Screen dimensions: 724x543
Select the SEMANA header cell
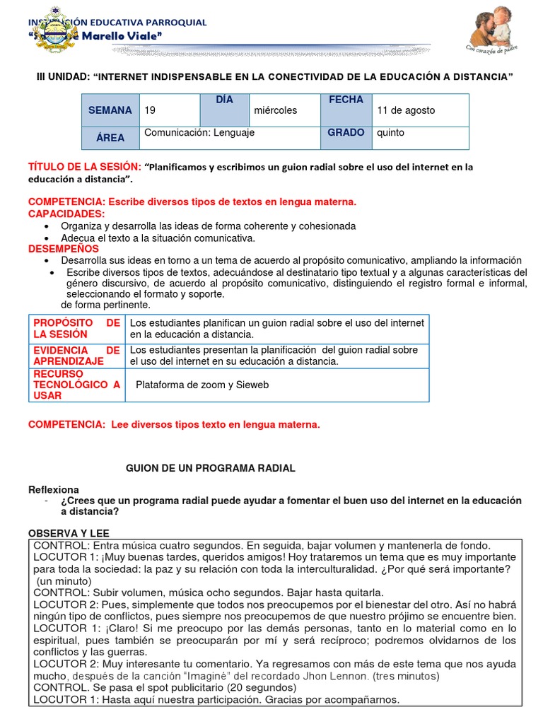pyautogui.click(x=110, y=110)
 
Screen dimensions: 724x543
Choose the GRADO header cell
pyautogui.click(x=346, y=133)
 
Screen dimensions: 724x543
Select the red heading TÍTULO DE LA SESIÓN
pyautogui.click(x=83, y=166)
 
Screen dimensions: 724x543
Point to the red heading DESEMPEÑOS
pyautogui.click(x=64, y=249)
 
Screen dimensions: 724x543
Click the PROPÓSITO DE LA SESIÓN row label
pyautogui.click(x=76, y=328)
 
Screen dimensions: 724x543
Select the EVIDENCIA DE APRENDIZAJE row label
pyautogui.click(x=76, y=356)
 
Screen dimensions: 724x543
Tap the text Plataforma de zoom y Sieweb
pyautogui.click(x=202, y=385)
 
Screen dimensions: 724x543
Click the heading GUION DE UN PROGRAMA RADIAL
pyautogui.click(x=210, y=468)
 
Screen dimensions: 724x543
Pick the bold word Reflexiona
pyautogui.click(x=54, y=490)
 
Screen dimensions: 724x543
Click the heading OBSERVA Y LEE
pyautogui.click(x=69, y=532)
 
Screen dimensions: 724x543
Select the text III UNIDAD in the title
pyautogui.click(x=62, y=76)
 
